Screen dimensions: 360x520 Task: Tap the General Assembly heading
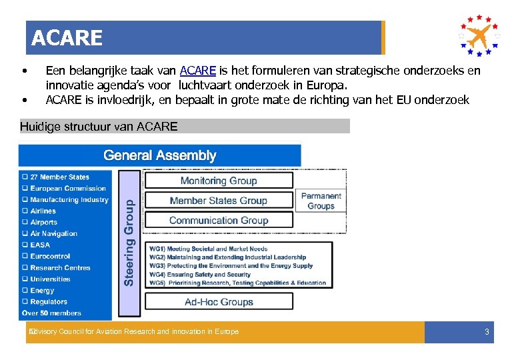pyautogui.click(x=160, y=155)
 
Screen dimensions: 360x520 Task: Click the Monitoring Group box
pyautogui.click(x=219, y=181)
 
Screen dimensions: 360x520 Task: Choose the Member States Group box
pyautogui.click(x=219, y=201)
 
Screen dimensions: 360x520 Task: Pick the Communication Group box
pyautogui.click(x=219, y=221)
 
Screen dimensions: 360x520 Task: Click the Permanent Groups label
pyautogui.click(x=321, y=201)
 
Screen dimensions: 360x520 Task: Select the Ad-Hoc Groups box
pyautogui.click(x=219, y=302)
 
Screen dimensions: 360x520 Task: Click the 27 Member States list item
pyautogui.click(x=59, y=177)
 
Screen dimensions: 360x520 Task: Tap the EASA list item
pyautogui.click(x=40, y=245)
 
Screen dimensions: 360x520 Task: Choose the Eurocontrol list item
pyautogui.click(x=50, y=256)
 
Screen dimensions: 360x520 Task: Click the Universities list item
pyautogui.click(x=50, y=279)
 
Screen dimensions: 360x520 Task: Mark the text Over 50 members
pyautogui.click(x=52, y=313)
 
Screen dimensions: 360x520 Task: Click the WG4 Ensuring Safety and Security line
pyautogui.click(x=200, y=274)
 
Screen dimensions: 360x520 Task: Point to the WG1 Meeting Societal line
pyautogui.click(x=208, y=249)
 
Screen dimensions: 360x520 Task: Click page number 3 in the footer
pyautogui.click(x=487, y=332)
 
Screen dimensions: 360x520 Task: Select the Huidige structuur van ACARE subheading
pyautogui.click(x=99, y=127)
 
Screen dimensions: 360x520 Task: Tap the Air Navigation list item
pyautogui.click(x=53, y=233)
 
